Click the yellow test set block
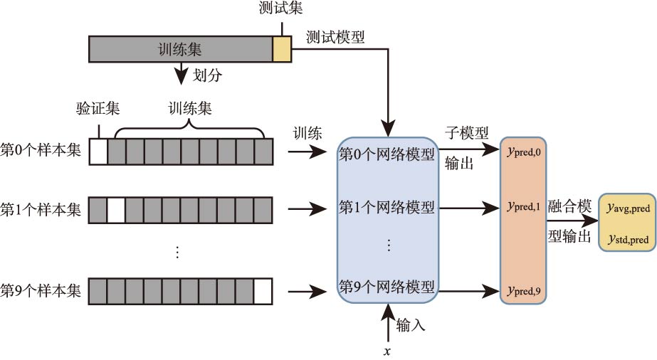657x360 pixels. pyautogui.click(x=282, y=50)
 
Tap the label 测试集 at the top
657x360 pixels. pyautogui.click(x=281, y=11)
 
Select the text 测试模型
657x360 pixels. pyautogui.click(x=335, y=38)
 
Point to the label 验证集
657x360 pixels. pyautogui.click(x=98, y=109)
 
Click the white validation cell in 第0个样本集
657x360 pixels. pyautogui.click(x=98, y=152)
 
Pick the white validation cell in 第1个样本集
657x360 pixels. pyautogui.click(x=116, y=210)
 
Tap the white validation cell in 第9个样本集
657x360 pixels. pyautogui.click(x=263, y=291)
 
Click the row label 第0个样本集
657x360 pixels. pyautogui.click(x=41, y=152)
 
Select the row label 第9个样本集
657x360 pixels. pyautogui.click(x=41, y=291)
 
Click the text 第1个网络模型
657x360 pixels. pyautogui.click(x=387, y=208)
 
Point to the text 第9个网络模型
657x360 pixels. pyautogui.click(x=387, y=287)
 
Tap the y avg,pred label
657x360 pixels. pyautogui.click(x=627, y=208)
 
